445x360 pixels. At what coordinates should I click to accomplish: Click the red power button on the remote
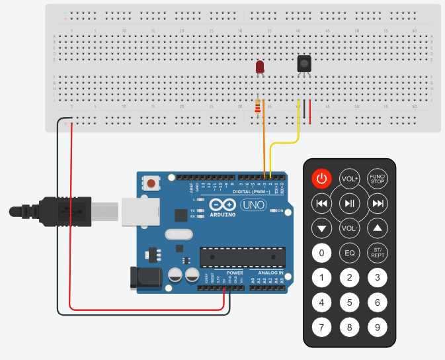[x=321, y=178]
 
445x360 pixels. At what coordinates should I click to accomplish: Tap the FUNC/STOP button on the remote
[x=377, y=178]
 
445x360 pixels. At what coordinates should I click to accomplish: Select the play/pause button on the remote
[x=349, y=203]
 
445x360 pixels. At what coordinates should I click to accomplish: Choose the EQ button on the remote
[x=349, y=253]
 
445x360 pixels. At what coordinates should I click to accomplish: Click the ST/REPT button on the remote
[x=377, y=253]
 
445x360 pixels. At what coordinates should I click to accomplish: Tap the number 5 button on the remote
[x=349, y=303]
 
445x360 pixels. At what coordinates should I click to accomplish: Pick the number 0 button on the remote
[x=321, y=253]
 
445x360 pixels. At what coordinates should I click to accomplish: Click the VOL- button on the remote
[x=349, y=228]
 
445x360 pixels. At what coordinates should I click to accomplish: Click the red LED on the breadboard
[x=260, y=67]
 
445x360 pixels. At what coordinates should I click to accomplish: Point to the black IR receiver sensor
[x=303, y=63]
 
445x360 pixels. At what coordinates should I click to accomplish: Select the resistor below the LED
[x=258, y=105]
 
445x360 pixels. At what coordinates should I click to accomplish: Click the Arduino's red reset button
[x=152, y=183]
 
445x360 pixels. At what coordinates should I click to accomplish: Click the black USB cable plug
[x=66, y=211]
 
